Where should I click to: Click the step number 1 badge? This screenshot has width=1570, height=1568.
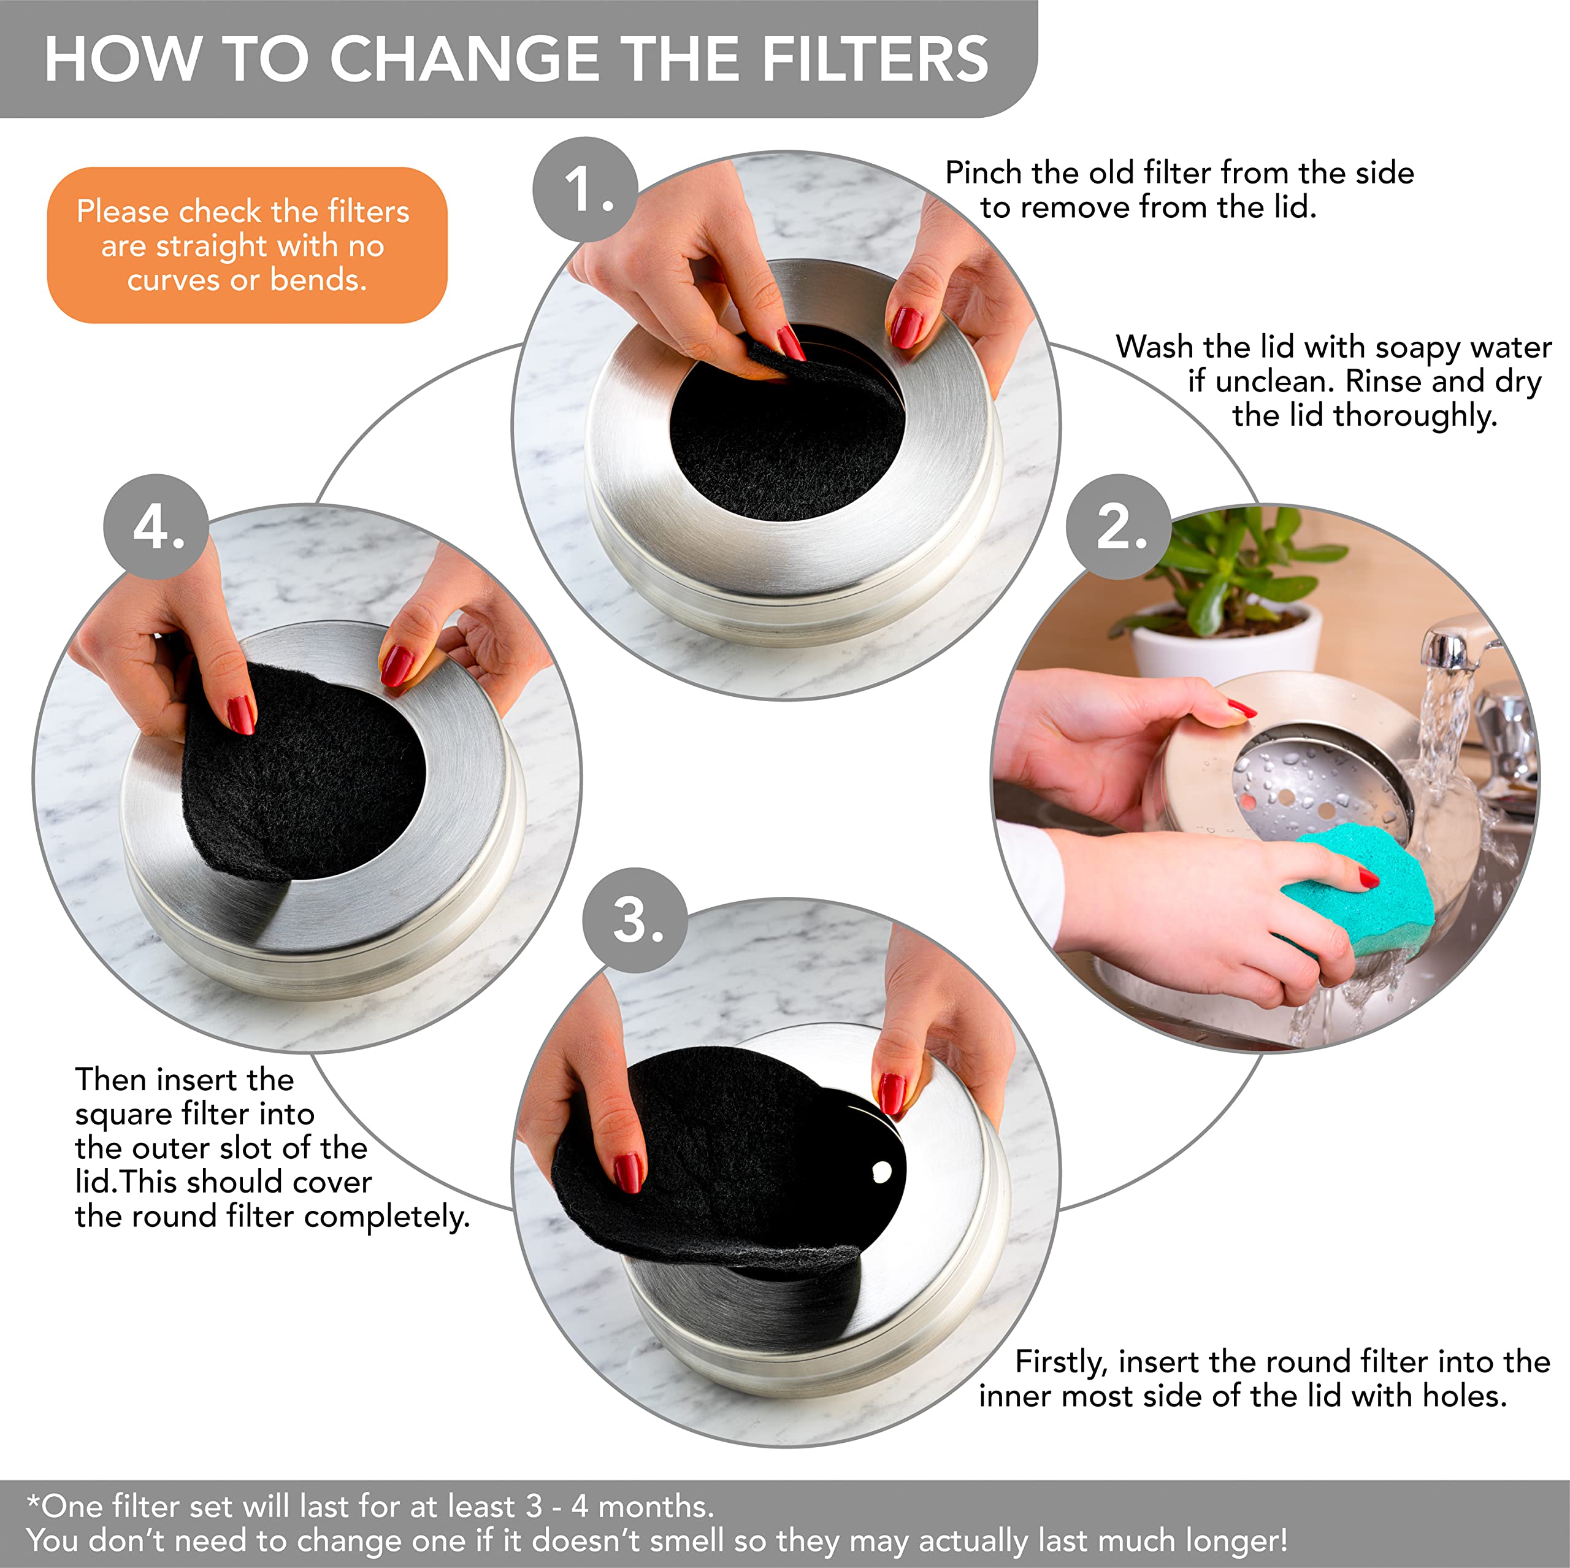pyautogui.click(x=585, y=188)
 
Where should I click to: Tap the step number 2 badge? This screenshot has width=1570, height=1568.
pyautogui.click(x=1118, y=527)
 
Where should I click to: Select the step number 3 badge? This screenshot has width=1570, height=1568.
pyautogui.click(x=635, y=920)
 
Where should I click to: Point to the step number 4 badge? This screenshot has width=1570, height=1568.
pyautogui.click(x=156, y=527)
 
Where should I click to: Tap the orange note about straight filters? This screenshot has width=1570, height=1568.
pyautogui.click(x=247, y=245)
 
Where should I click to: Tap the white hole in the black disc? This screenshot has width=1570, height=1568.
pyautogui.click(x=882, y=1171)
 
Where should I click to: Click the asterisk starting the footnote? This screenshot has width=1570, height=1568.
pyautogui.click(x=33, y=1501)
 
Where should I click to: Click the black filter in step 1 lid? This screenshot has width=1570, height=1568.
pyautogui.click(x=787, y=436)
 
